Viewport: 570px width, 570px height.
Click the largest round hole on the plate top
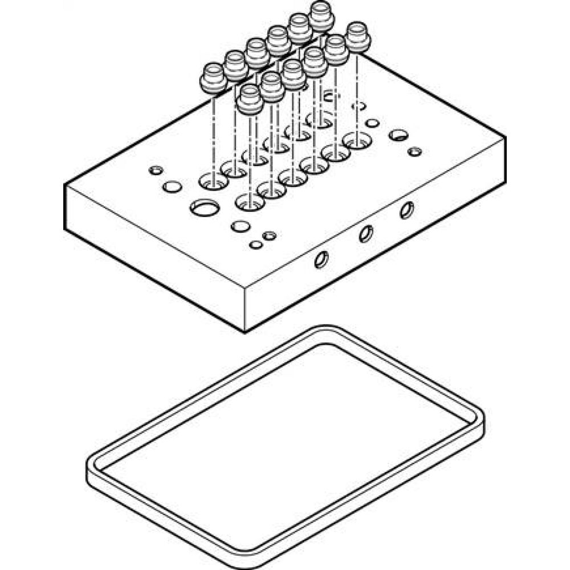pos(204,208)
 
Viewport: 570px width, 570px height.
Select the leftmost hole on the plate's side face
pos(322,259)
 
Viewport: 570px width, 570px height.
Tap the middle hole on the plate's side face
pos(366,233)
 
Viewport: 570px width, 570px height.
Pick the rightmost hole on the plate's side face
pos(406,210)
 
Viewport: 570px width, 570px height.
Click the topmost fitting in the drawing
pos(321,16)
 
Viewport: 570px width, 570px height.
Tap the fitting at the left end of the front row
pos(250,98)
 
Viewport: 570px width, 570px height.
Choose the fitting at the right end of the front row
pos(359,36)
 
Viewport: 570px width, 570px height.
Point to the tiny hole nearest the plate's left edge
pos(155,170)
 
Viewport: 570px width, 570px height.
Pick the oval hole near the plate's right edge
pos(398,135)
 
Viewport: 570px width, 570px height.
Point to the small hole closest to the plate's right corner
pos(415,152)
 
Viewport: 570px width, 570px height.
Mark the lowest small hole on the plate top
pos(256,245)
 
